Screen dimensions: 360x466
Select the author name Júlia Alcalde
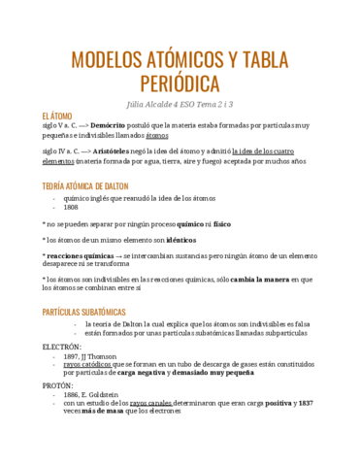[x=153, y=104]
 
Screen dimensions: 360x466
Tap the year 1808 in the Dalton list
[x=71, y=207]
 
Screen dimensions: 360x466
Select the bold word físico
[x=222, y=222]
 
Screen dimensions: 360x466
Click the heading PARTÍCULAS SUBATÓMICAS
[x=91, y=312]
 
